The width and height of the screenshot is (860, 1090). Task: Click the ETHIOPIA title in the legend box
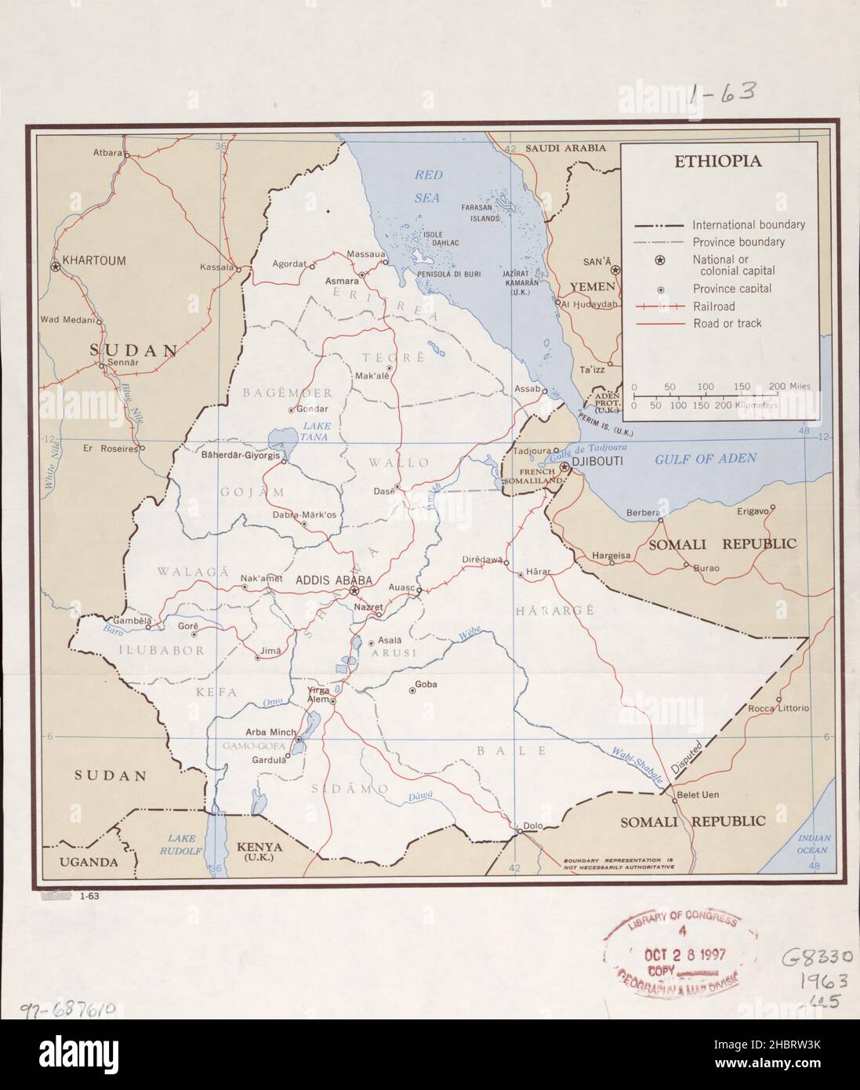pyautogui.click(x=718, y=162)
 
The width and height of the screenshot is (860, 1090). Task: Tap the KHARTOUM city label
pyautogui.click(x=93, y=261)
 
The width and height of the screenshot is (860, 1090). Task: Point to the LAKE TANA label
pyautogui.click(x=317, y=431)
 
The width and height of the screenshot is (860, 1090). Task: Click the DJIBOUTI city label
pyautogui.click(x=597, y=463)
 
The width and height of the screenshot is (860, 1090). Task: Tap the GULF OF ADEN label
pyautogui.click(x=706, y=458)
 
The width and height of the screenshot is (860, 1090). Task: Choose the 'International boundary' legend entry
pyautogui.click(x=748, y=225)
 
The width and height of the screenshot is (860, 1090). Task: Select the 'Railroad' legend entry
pyautogui.click(x=713, y=307)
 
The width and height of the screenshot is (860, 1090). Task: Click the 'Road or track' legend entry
pyautogui.click(x=727, y=323)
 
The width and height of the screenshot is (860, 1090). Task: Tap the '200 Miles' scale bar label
pyautogui.click(x=790, y=387)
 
